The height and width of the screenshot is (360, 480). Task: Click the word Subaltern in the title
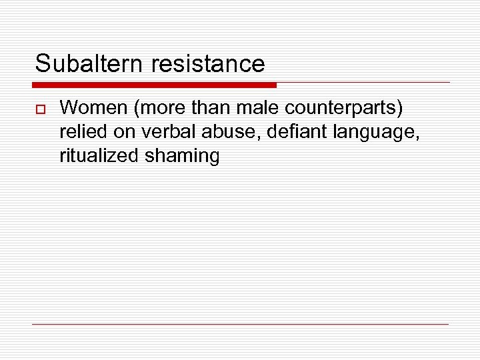click(90, 64)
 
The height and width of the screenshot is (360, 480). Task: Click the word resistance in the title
click(208, 64)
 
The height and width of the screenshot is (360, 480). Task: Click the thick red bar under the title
click(154, 85)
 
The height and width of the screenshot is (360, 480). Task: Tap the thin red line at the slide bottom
click(240, 324)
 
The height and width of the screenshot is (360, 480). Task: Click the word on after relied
click(124, 132)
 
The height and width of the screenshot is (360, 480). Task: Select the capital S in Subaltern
click(43, 64)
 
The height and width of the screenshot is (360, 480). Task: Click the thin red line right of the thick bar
click(363, 83)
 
